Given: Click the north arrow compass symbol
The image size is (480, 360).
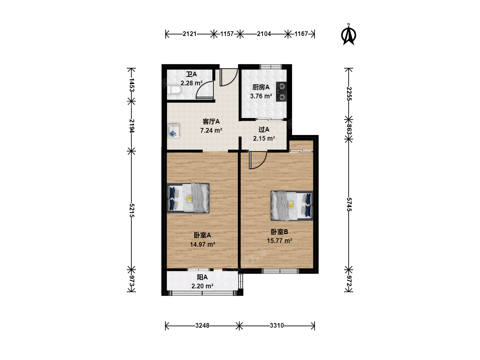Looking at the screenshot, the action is (348, 35).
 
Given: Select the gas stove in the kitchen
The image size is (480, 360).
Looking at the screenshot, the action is (281, 92).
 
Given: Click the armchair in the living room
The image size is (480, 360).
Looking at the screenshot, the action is (174, 131).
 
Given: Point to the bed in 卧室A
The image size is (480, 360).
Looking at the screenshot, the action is (188, 198).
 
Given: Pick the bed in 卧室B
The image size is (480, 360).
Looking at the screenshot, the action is (292, 206).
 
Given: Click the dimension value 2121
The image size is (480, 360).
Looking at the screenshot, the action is (190, 34).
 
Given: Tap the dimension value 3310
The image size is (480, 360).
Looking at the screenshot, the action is (277, 325).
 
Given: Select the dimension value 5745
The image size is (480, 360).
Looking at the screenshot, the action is (349, 204).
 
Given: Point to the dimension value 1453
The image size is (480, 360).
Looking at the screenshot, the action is (132, 85).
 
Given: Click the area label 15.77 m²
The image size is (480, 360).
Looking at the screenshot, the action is (279, 241).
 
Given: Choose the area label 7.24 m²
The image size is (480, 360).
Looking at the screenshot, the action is (211, 130).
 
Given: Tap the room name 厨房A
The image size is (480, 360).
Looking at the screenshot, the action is (261, 87).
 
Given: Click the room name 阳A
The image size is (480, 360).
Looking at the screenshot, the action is (202, 277).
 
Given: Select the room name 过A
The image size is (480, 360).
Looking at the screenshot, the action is (264, 129).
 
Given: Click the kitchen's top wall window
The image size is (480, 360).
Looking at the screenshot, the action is (271, 66).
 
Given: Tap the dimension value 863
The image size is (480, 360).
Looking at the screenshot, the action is (349, 129).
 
